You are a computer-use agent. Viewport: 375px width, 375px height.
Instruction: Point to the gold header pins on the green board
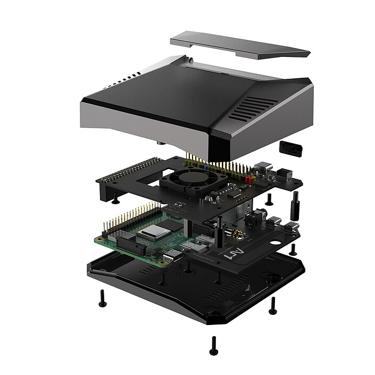130,218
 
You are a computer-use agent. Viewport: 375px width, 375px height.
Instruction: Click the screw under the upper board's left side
115,199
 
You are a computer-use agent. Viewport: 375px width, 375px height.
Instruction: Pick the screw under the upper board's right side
269,199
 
